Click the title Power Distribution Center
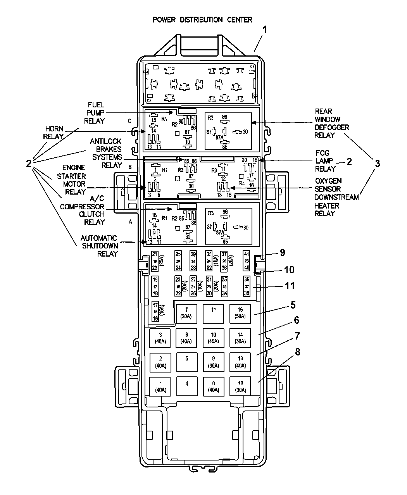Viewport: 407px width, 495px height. (202, 20)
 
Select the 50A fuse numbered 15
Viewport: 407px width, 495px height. (240, 313)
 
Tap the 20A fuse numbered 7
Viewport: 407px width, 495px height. (186, 313)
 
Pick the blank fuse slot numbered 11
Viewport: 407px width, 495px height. (214, 313)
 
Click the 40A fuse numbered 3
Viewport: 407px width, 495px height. (160, 338)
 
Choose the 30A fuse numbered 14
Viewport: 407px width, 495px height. (240, 338)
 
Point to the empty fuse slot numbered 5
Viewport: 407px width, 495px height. (186, 362)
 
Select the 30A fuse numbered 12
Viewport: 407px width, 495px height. (240, 386)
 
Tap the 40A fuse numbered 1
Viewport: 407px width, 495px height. (160, 386)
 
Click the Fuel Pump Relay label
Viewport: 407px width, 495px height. (96, 113)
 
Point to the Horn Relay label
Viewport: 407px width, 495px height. (54, 133)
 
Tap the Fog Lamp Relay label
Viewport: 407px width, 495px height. (325, 161)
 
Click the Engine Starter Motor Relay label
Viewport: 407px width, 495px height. (74, 179)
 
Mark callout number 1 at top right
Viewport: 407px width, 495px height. (264, 29)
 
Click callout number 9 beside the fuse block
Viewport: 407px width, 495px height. (283, 253)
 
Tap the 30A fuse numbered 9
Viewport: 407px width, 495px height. (214, 362)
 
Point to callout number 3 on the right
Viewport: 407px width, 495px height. (377, 164)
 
